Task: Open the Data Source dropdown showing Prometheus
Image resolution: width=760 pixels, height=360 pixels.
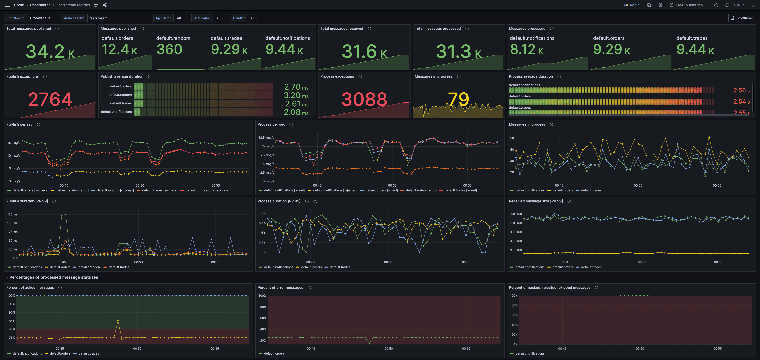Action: [x=42, y=18]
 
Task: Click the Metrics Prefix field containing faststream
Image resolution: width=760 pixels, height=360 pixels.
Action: [x=118, y=18]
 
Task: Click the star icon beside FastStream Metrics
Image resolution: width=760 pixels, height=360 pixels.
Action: [x=96, y=5]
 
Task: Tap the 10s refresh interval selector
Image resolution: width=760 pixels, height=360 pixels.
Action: [x=738, y=5]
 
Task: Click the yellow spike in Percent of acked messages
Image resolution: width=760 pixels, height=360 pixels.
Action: [x=118, y=320]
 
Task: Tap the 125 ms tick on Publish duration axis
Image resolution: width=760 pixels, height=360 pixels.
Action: [x=12, y=214]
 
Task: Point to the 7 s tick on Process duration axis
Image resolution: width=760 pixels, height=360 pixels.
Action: [x=263, y=213]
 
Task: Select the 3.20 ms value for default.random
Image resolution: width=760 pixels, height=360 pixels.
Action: [x=296, y=95]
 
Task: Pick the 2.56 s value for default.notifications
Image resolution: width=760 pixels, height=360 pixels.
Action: [x=741, y=90]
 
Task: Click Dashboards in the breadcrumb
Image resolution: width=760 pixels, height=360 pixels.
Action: [x=40, y=5]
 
